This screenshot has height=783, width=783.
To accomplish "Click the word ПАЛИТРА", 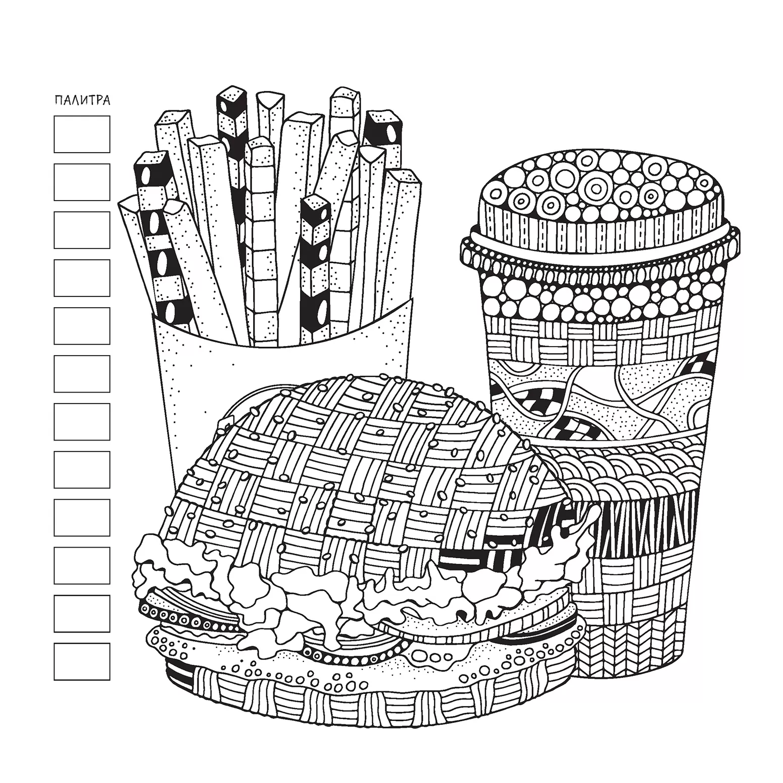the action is (82, 100).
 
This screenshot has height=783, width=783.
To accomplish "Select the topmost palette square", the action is (82, 134).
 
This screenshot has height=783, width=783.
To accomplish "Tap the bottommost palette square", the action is (82, 661).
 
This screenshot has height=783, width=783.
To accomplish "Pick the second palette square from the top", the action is (82, 182).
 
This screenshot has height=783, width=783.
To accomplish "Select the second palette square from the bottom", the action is (82, 613).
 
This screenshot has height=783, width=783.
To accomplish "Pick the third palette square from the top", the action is (82, 230).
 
